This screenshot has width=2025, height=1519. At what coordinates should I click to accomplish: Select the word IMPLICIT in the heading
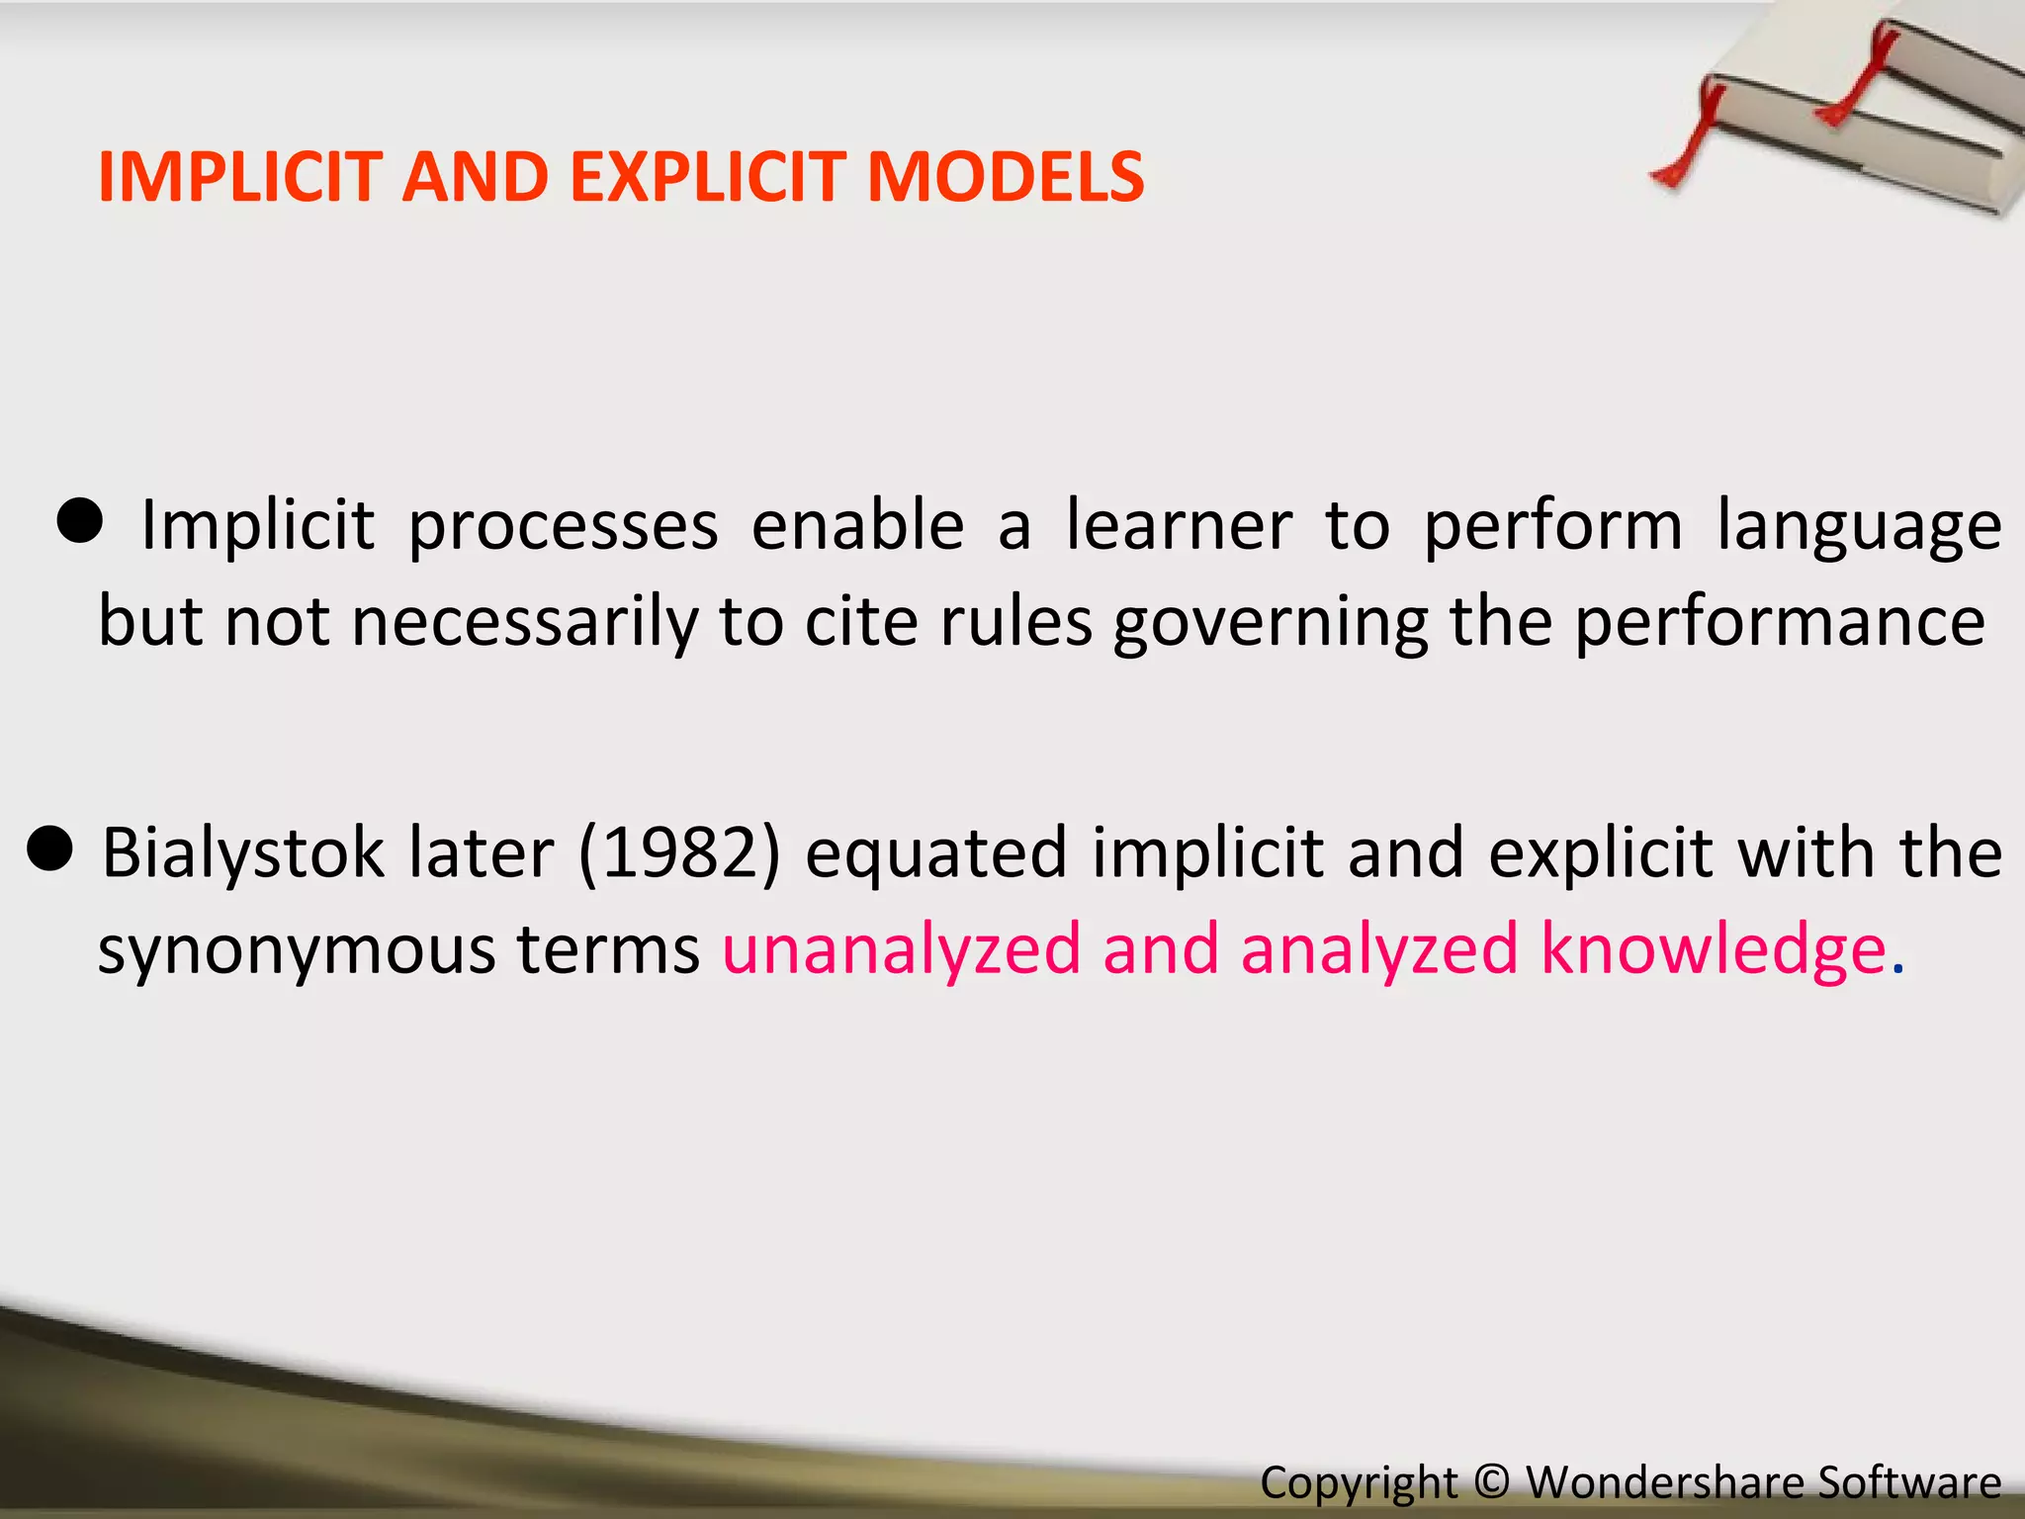click(x=240, y=178)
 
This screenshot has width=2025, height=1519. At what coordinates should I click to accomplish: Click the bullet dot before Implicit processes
click(x=79, y=520)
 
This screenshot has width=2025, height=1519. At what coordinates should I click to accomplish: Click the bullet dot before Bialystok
click(x=49, y=848)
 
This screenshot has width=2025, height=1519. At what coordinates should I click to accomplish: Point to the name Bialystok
click(x=243, y=853)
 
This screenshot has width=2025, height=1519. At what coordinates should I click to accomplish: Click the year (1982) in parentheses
click(x=679, y=853)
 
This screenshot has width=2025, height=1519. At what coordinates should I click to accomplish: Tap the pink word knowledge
click(x=1713, y=949)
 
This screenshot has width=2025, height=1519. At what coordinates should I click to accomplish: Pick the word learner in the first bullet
click(x=1179, y=525)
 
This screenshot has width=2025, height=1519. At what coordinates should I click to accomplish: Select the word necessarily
click(x=524, y=624)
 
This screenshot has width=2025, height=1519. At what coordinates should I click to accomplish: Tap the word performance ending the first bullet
click(x=1779, y=624)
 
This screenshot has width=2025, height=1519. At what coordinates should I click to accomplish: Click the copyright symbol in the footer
click(x=1492, y=1481)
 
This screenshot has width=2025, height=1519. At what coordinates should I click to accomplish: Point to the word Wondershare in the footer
click(x=1665, y=1482)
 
